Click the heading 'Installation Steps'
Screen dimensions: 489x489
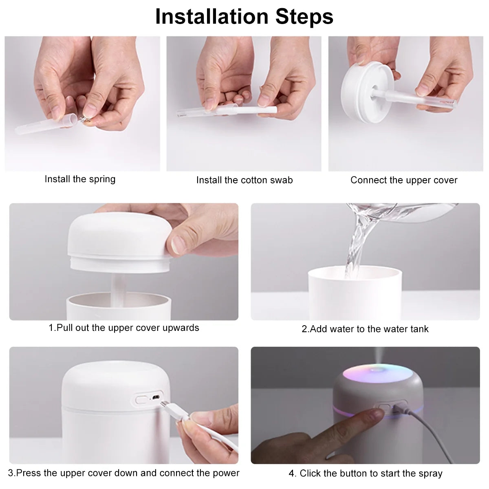click(x=244, y=17)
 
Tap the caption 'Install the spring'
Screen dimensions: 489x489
click(x=80, y=179)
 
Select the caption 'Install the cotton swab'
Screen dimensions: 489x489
click(x=244, y=180)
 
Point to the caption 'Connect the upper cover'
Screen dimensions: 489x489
click(x=404, y=180)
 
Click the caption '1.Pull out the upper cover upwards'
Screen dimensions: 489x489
click(x=124, y=328)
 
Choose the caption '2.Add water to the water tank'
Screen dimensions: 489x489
click(x=365, y=329)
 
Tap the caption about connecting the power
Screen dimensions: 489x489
click(x=124, y=473)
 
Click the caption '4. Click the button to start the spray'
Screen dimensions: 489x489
click(x=365, y=474)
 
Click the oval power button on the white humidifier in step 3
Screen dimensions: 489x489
click(x=141, y=398)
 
